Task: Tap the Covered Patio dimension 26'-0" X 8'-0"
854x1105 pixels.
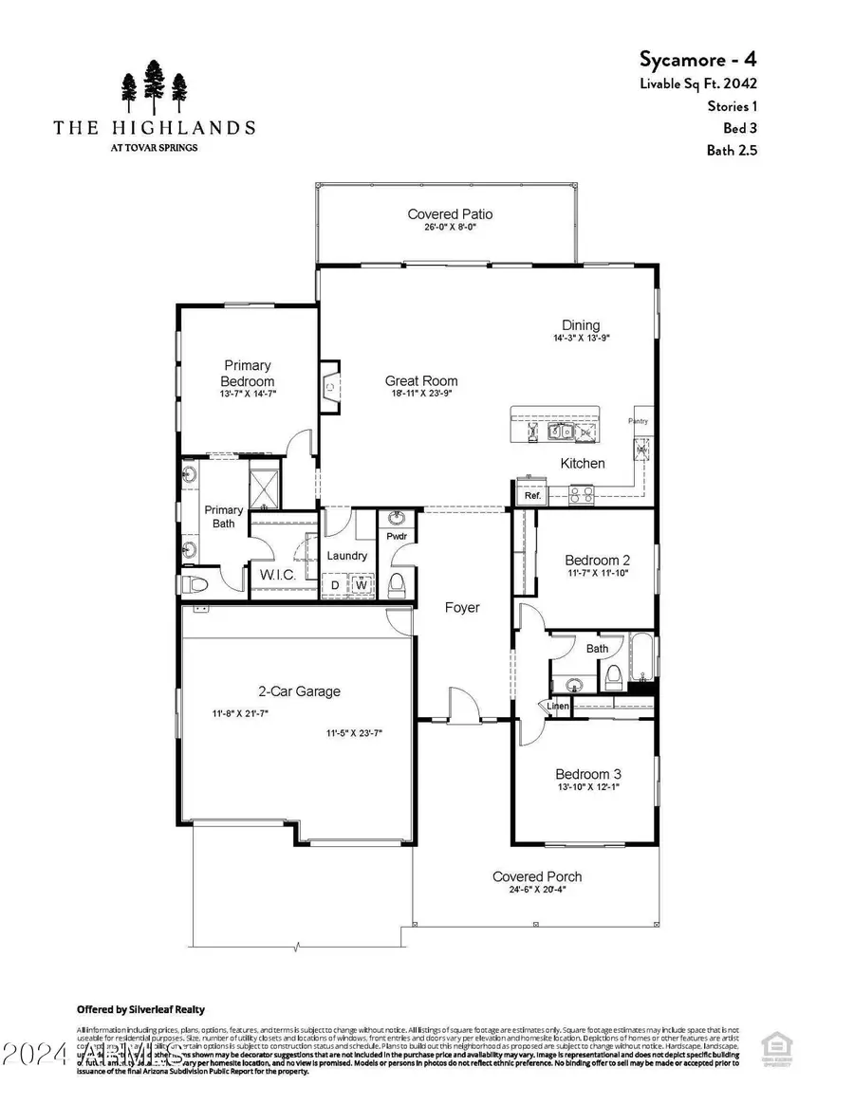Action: coord(450,228)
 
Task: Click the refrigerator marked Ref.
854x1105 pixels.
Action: coord(531,495)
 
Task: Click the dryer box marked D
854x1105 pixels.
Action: coord(335,585)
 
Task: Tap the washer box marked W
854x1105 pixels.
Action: coord(361,585)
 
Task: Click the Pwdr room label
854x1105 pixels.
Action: coord(396,536)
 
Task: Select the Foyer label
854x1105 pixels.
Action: coord(462,607)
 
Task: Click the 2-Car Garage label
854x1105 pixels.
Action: coord(299,691)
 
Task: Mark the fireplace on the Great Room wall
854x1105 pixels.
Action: coord(329,386)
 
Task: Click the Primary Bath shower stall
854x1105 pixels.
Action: coord(262,487)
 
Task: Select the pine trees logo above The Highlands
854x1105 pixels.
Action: coord(153,88)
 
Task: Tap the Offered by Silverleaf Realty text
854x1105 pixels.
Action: coord(140,1009)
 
